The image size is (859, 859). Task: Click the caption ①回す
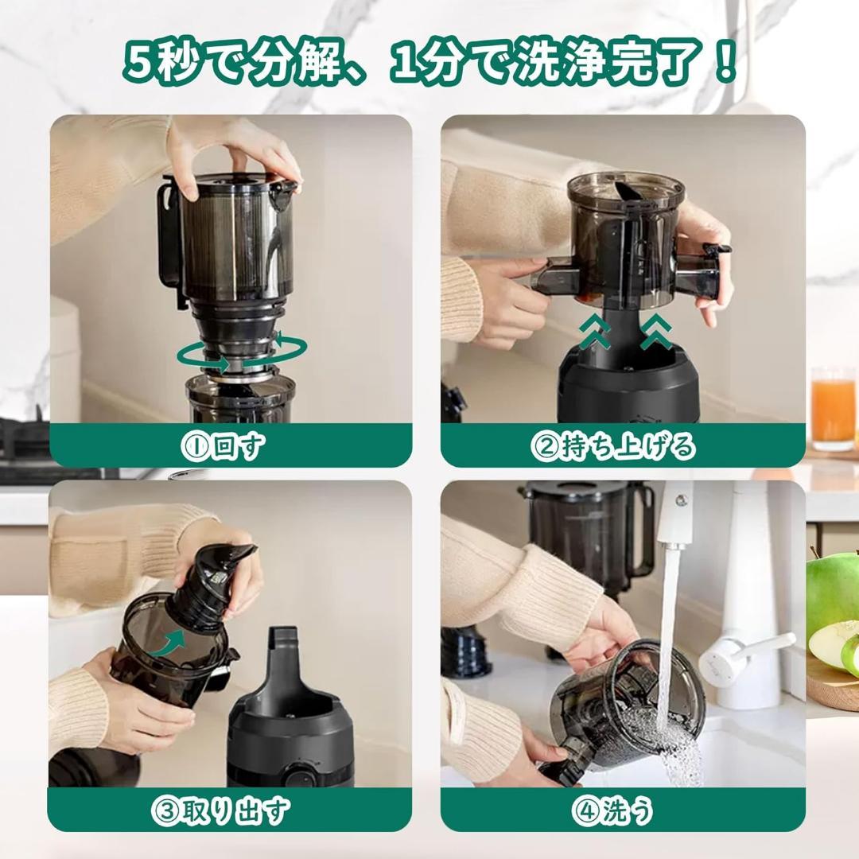pos(230,446)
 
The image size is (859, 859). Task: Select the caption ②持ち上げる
pos(613,446)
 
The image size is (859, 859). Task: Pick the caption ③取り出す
pos(220,811)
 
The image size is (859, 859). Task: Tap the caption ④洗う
pos(612,811)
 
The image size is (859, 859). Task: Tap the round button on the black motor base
pos(298,775)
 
